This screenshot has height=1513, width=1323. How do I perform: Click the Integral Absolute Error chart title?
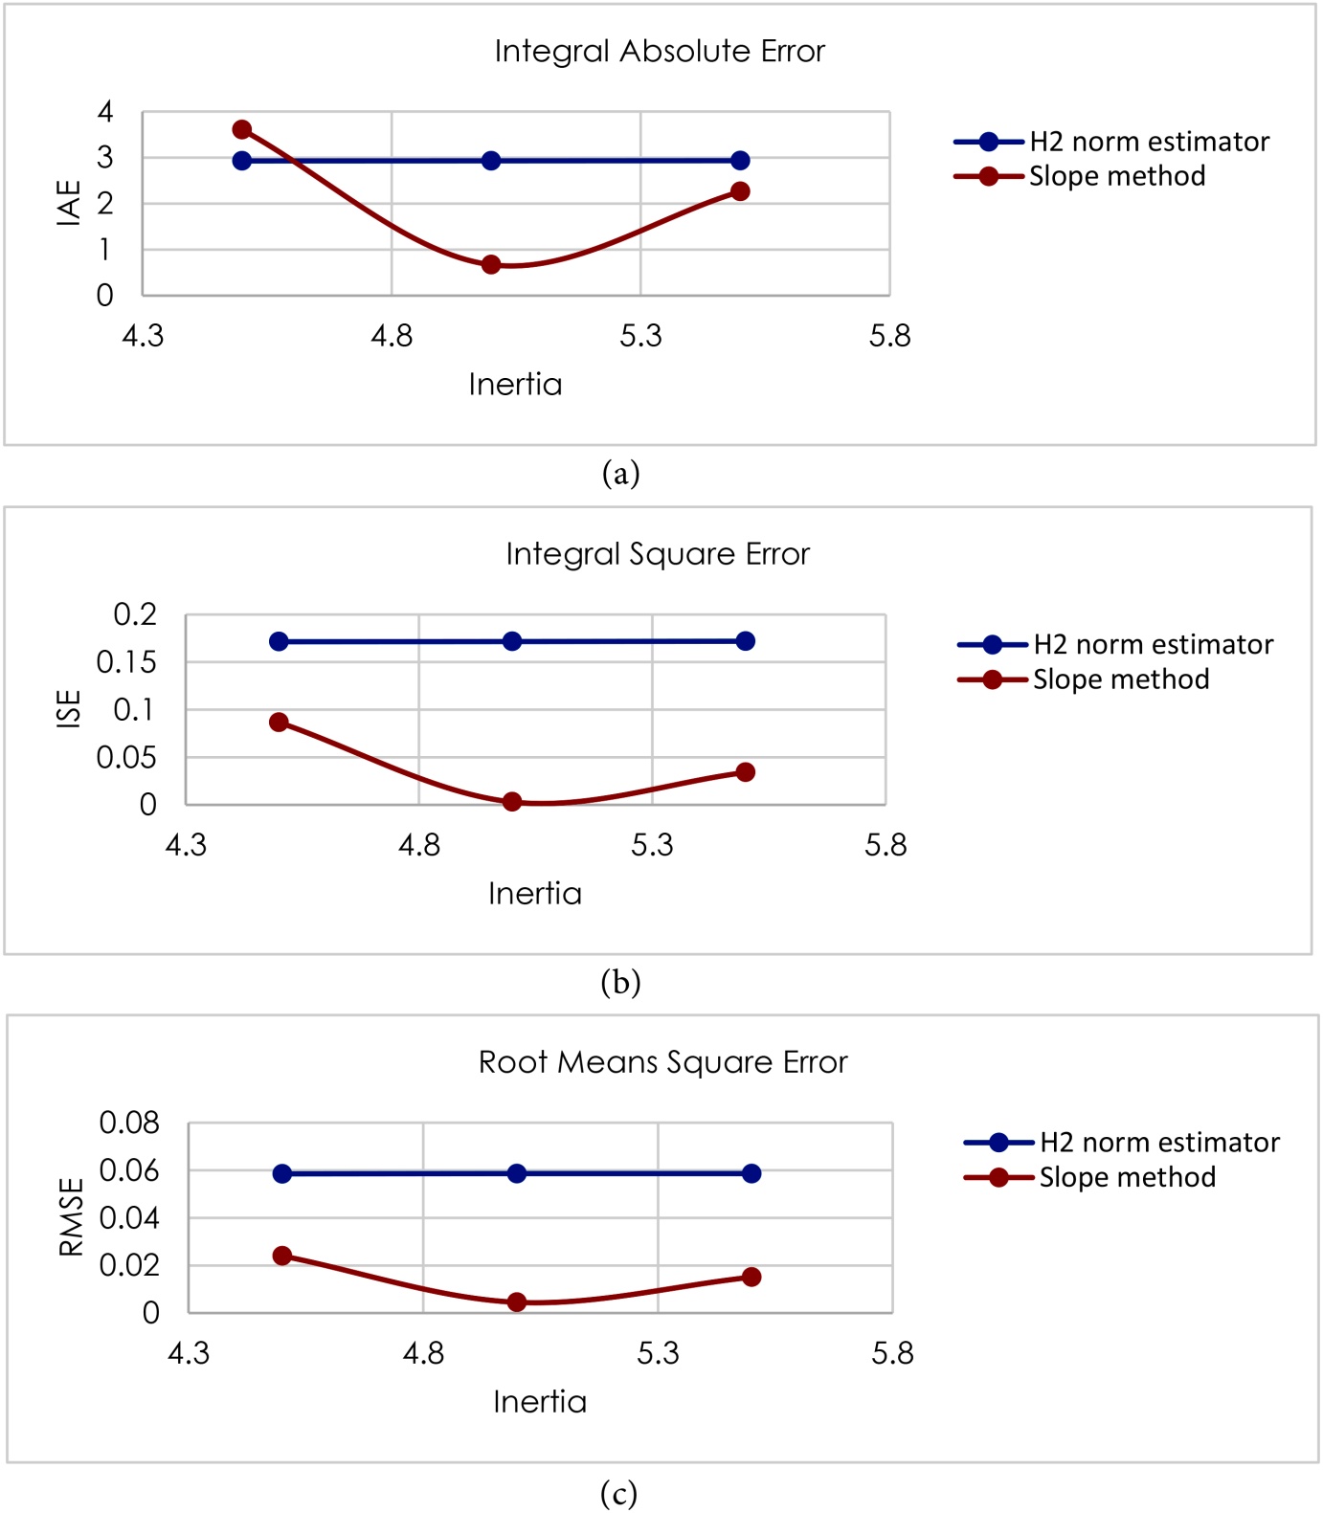tap(660, 51)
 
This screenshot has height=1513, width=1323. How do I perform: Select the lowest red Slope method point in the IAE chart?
tap(491, 264)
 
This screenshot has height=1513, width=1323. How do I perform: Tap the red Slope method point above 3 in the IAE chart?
tap(242, 129)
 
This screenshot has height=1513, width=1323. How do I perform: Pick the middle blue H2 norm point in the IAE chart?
tap(491, 161)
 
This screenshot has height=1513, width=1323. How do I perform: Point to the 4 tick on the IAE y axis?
tap(105, 112)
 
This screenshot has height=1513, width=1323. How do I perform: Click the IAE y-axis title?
tap(69, 203)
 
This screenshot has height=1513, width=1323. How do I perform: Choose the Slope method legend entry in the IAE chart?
tap(1080, 176)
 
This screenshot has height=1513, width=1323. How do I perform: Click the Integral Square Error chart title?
tap(658, 554)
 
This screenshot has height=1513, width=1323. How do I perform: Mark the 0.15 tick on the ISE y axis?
tap(126, 662)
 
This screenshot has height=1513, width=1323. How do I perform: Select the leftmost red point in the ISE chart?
tap(279, 722)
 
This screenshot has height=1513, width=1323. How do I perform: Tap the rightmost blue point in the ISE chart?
tap(746, 641)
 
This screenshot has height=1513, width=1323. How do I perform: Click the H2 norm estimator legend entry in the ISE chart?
tap(1115, 645)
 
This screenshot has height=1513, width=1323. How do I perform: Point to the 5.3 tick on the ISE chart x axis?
tap(652, 845)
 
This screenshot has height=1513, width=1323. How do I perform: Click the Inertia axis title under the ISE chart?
tap(535, 894)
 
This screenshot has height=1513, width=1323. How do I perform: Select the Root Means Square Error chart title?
tap(663, 1062)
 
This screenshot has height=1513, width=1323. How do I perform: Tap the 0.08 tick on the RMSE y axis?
tap(129, 1123)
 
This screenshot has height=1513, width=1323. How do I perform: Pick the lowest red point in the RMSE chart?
tap(517, 1302)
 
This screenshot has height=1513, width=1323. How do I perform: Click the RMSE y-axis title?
tap(72, 1216)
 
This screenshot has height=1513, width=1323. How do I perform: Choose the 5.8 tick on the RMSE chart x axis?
tap(892, 1353)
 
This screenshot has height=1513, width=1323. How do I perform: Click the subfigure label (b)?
tap(620, 983)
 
